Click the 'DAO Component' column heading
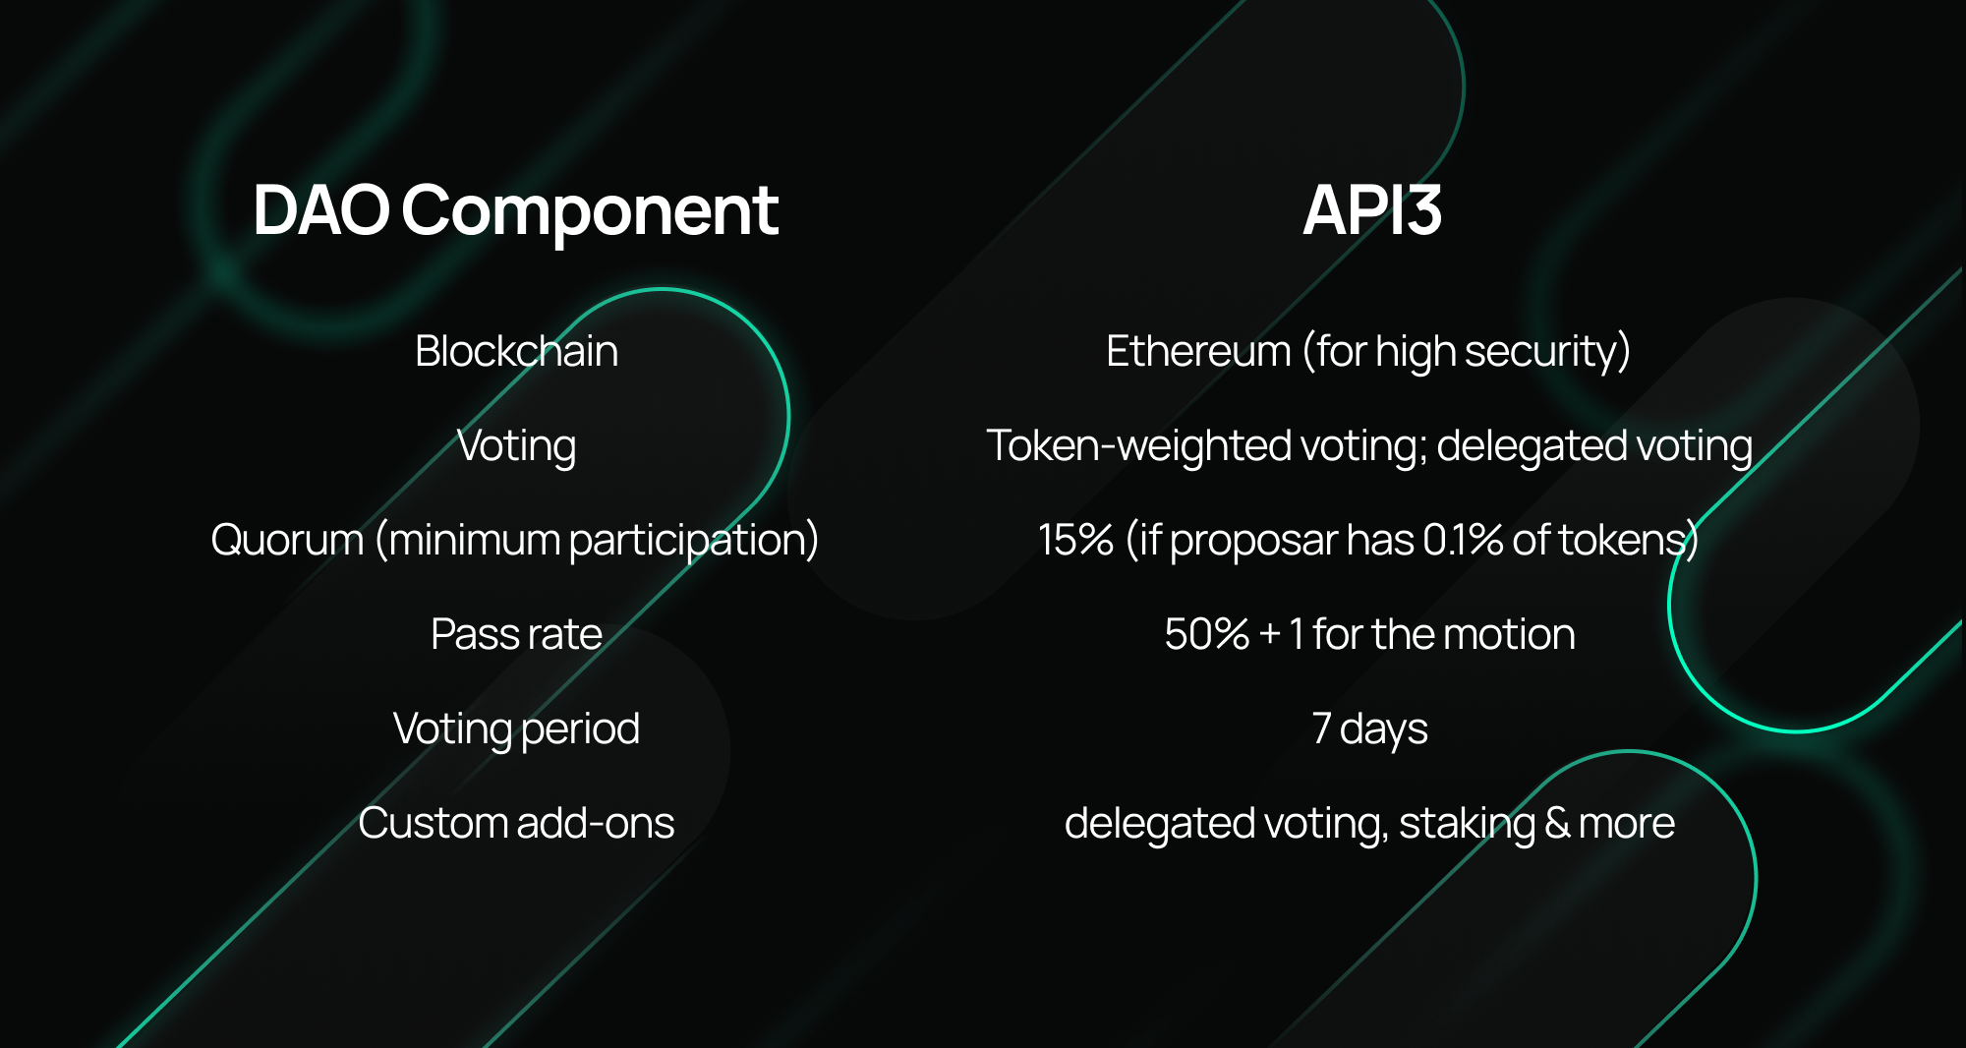[x=515, y=210]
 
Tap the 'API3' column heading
[x=1372, y=210]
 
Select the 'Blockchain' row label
[x=516, y=351]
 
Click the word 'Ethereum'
[x=1197, y=351]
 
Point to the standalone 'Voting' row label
[x=516, y=446]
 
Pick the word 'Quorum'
[x=287, y=541]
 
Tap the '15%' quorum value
[x=1075, y=540]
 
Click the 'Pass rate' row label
[x=516, y=634]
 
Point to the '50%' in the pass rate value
[x=1206, y=634]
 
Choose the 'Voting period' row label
[x=516, y=729]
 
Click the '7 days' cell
[x=1369, y=729]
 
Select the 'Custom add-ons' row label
[x=516, y=823]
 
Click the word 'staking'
[x=1466, y=824]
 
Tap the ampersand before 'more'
[x=1557, y=823]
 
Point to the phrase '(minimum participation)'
[x=597, y=541]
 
